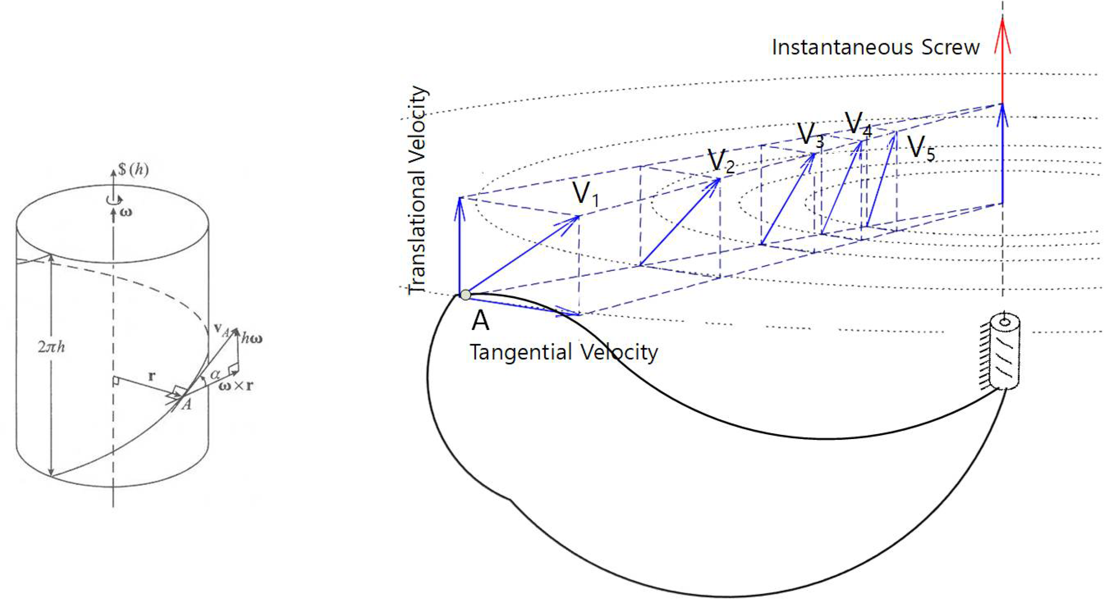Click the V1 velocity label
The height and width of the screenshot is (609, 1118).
[x=586, y=194]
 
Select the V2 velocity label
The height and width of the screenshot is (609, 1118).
[x=721, y=161]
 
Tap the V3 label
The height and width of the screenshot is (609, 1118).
[x=810, y=135]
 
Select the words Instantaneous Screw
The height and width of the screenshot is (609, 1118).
[x=875, y=48]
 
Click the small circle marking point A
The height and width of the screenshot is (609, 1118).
[x=465, y=295]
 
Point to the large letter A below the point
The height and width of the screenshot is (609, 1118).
[x=480, y=321]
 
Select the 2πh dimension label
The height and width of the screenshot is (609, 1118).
[x=51, y=347]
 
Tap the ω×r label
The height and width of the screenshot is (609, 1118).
[x=236, y=386]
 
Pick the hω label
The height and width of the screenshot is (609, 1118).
[x=252, y=339]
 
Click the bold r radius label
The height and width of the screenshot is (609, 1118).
[x=151, y=376]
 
